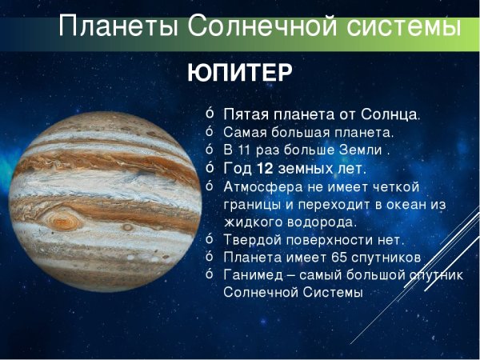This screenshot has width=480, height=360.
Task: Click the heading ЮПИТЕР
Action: pyautogui.click(x=239, y=73)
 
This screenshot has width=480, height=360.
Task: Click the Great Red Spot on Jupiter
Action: pyautogui.click(x=62, y=218)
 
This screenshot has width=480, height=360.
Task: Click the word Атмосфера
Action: pyautogui.click(x=260, y=186)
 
